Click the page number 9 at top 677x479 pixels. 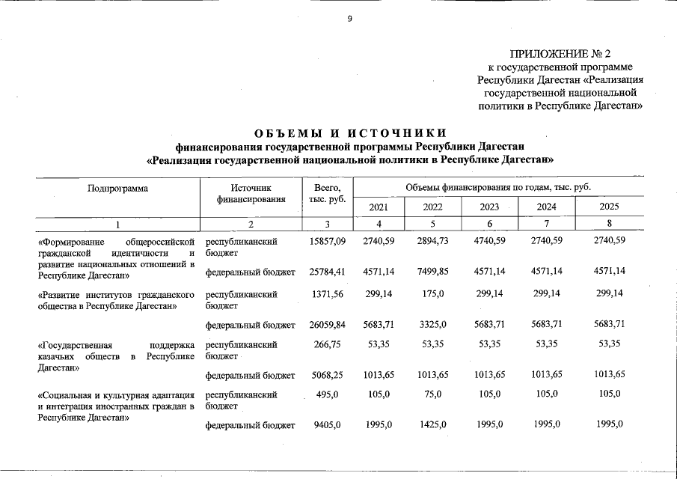[349, 19]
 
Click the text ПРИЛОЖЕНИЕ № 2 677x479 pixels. [560, 54]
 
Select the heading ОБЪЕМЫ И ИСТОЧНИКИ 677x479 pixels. [349, 133]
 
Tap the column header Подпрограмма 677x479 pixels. [117, 188]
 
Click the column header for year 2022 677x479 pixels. [433, 207]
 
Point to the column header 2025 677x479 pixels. [610, 207]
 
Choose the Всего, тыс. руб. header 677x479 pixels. [327, 193]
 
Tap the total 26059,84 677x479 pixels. [327, 324]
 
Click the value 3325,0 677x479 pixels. [433, 324]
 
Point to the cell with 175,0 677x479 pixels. [433, 294]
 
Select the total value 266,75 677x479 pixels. [327, 344]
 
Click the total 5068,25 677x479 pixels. [327, 374]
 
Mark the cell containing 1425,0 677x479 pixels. [433, 424]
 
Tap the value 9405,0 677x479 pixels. [327, 424]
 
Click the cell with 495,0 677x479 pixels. [327, 394]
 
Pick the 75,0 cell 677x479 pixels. [433, 394]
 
